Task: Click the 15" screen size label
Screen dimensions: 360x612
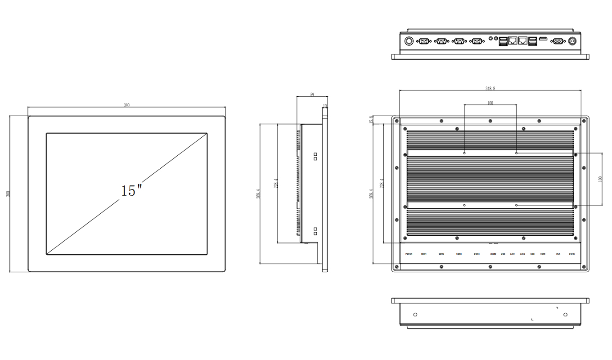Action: pos(131,190)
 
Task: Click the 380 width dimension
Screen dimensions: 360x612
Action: pos(127,105)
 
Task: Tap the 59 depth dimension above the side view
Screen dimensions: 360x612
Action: pos(312,94)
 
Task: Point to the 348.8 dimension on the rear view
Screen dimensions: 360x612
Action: pos(490,89)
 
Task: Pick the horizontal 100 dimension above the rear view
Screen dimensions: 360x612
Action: pos(490,103)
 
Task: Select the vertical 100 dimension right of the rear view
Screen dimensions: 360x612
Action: pos(599,179)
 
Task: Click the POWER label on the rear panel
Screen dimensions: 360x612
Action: pos(409,254)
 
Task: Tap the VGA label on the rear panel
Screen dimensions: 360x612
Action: pos(558,254)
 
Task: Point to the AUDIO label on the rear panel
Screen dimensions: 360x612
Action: pos(493,254)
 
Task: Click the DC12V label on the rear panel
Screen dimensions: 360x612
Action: pos(572,254)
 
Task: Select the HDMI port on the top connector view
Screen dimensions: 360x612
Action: pos(543,40)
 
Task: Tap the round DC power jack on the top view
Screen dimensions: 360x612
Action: pos(573,41)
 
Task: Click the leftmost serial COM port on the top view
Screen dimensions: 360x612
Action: pos(423,41)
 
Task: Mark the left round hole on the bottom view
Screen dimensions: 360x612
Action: pos(415,314)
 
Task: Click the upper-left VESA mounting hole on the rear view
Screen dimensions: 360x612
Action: pos(464,153)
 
